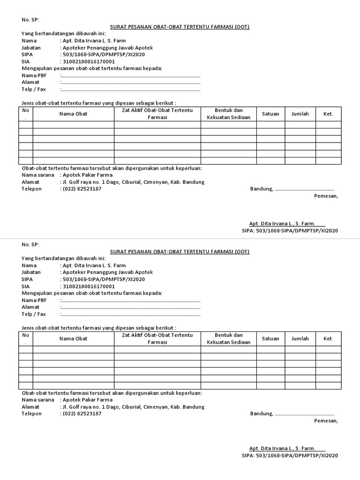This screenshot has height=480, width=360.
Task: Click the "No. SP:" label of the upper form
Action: point(30,20)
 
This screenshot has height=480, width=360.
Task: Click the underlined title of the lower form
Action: point(180,251)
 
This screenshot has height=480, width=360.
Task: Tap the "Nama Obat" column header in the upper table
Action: point(73,114)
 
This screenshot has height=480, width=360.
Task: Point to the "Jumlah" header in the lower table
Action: point(300,338)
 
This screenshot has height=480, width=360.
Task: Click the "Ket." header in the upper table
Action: point(328,114)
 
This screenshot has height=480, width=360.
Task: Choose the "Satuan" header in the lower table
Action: point(270,338)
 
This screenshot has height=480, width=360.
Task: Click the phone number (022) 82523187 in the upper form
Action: point(82,189)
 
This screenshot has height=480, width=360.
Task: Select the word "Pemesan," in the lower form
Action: point(326,421)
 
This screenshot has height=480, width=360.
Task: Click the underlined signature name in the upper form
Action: point(286,224)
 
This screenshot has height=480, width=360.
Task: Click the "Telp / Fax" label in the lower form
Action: point(34,314)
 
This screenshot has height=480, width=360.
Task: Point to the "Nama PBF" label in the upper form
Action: point(34,75)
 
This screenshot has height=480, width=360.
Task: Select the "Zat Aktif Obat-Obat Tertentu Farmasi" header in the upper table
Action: point(157,114)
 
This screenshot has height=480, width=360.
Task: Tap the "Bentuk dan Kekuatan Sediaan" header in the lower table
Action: point(229,338)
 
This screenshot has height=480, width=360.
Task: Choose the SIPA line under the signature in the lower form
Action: point(290,455)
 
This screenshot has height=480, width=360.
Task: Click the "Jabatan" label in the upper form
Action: point(31,48)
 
